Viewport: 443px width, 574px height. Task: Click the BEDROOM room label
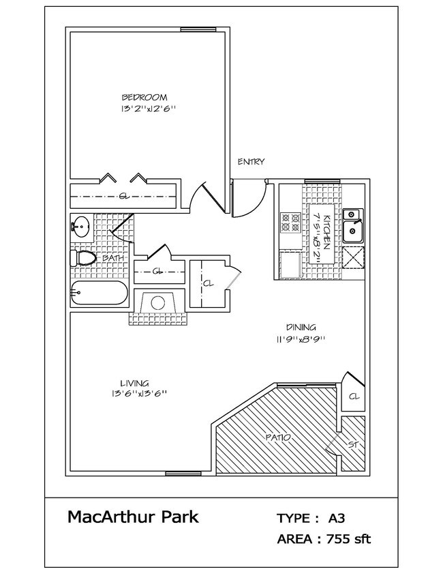[x=144, y=97]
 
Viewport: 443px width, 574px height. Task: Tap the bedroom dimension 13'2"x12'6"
[x=144, y=109]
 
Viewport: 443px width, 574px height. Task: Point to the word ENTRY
[x=250, y=162]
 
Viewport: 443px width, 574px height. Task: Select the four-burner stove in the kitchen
[x=291, y=223]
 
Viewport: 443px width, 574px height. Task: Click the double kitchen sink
[x=352, y=226]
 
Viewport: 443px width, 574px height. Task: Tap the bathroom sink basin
[x=81, y=226]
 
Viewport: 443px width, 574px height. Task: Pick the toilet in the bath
[x=83, y=258]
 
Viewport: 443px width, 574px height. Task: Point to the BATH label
[x=112, y=259]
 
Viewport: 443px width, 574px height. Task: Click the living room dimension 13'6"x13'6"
[x=137, y=394]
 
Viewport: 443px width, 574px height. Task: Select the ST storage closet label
[x=352, y=444]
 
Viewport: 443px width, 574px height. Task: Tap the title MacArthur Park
[x=133, y=517]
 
